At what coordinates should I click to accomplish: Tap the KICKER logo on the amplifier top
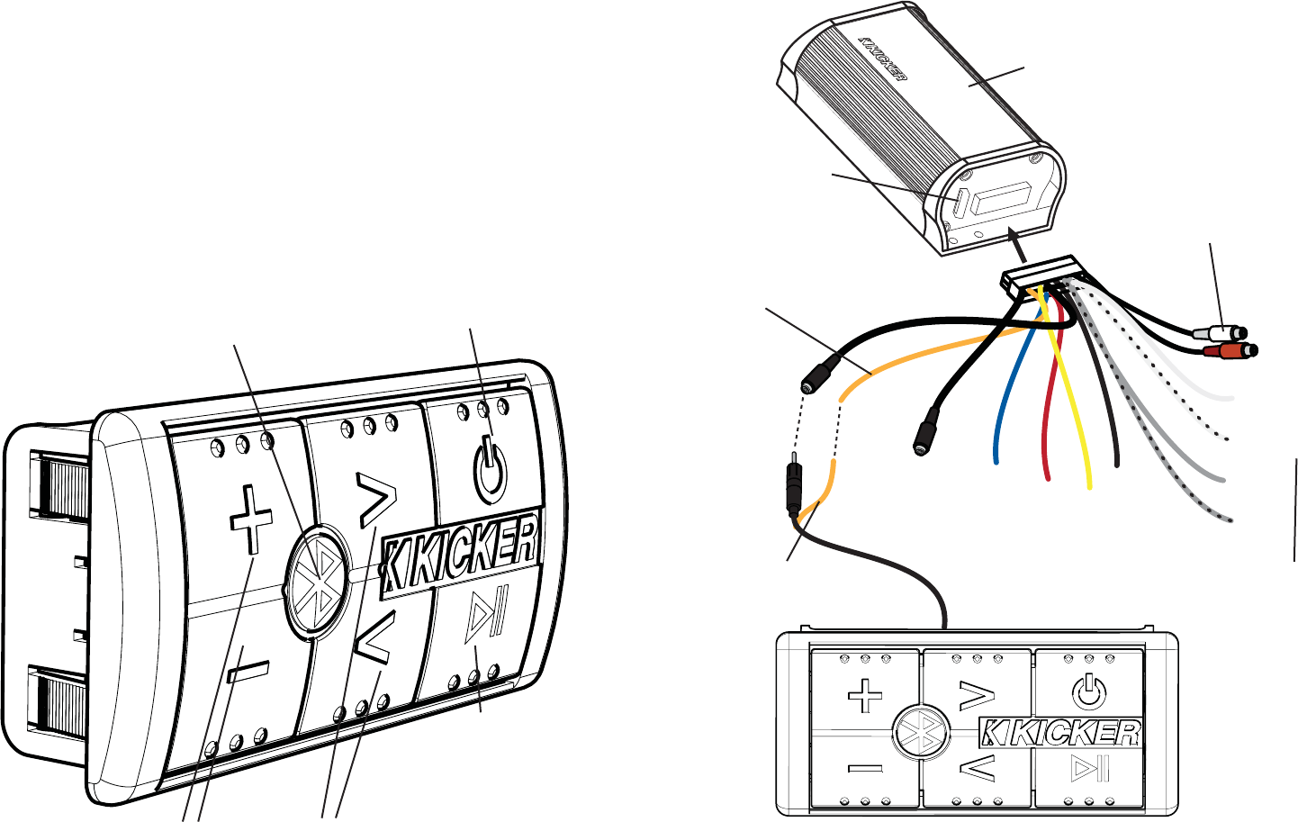coord(883,59)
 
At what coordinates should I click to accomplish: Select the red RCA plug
coord(1230,350)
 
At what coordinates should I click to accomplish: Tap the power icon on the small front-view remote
coord(1088,692)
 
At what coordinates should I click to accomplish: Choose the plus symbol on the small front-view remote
coord(865,695)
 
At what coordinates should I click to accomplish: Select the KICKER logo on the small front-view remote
coord(1060,733)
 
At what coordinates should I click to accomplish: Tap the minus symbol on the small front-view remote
coord(865,769)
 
